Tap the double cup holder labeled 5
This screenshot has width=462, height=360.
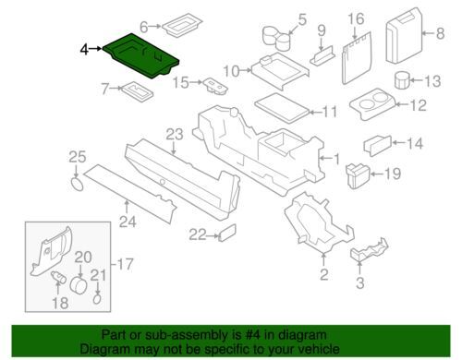point(276,38)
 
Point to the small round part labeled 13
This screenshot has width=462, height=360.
point(402,80)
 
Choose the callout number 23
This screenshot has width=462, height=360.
point(175,135)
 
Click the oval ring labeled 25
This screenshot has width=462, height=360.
point(77,184)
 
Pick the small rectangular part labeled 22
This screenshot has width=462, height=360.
point(227,233)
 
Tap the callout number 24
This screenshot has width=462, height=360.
point(128,222)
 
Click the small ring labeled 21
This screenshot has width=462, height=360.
point(97,298)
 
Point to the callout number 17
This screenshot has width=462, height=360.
point(125,264)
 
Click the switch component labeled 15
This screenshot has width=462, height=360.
point(215,85)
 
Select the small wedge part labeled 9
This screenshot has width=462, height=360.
point(322,55)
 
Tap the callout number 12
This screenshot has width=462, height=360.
point(419,105)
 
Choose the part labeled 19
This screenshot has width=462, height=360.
point(359,175)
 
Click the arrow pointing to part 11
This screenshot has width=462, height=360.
point(315,113)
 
